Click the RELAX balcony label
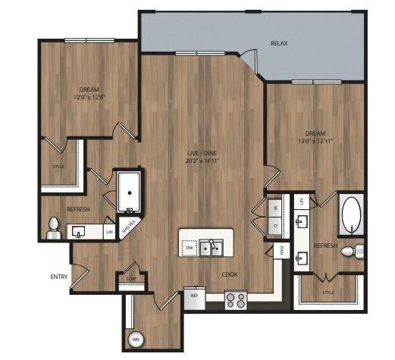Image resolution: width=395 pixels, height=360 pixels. tap(279, 44)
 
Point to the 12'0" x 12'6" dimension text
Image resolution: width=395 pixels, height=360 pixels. tap(89, 98)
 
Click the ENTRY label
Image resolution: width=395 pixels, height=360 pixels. tap(59, 277)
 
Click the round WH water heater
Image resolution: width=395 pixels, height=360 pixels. tap(137, 338)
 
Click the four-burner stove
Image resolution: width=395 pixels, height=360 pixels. tap(236, 300)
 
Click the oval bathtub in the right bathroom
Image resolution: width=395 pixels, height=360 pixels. tap(353, 216)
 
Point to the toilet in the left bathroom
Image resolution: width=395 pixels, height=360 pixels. tap(54, 228)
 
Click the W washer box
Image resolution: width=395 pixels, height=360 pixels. tap(273, 206)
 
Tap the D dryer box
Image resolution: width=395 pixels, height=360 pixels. tap(273, 225)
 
